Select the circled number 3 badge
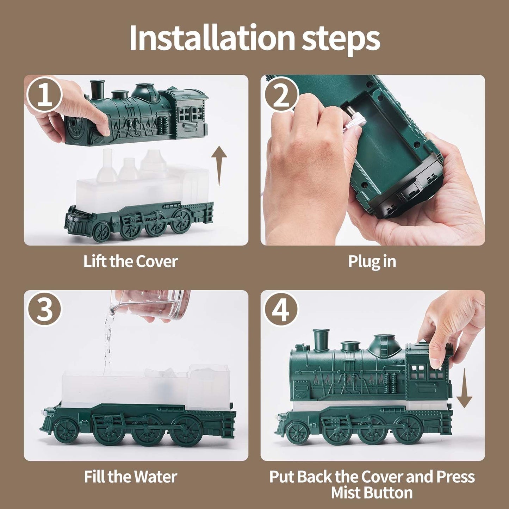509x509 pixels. [x=45, y=310]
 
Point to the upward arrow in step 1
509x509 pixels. [x=219, y=166]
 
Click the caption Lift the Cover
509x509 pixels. [x=131, y=261]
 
